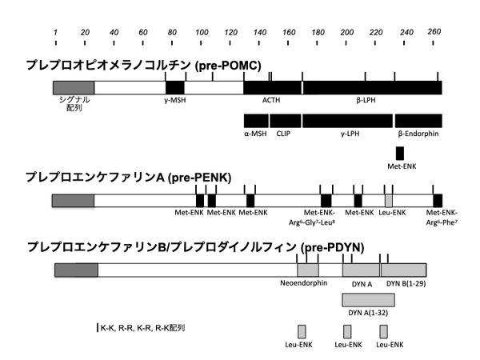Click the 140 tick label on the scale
pyautogui.click(x=259, y=32)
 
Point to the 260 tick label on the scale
pyautogui.click(x=434, y=31)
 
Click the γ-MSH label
pyautogui.click(x=174, y=100)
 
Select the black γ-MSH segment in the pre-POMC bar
pyautogui.click(x=175, y=87)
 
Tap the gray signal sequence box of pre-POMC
pyautogui.click(x=74, y=87)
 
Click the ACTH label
pyautogui.click(x=271, y=100)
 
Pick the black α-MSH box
pyautogui.click(x=256, y=121)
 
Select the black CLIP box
pyautogui.click(x=286, y=121)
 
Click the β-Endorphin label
pyautogui.click(x=418, y=134)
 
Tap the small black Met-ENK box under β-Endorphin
pyautogui.click(x=400, y=154)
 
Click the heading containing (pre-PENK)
pyautogui.click(x=129, y=178)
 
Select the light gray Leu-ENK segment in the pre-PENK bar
pyautogui.click(x=389, y=201)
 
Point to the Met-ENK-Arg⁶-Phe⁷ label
pyautogui.click(x=442, y=218)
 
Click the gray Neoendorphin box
pyautogui.click(x=308, y=270)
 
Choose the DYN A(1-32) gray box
pyautogui.click(x=368, y=300)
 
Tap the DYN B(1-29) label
pyautogui.click(x=406, y=284)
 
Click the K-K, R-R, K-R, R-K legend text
pyautogui.click(x=142, y=328)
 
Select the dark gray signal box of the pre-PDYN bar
pyautogui.click(x=76, y=270)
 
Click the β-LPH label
pyautogui.click(x=366, y=100)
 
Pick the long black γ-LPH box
pyautogui.click(x=347, y=121)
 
